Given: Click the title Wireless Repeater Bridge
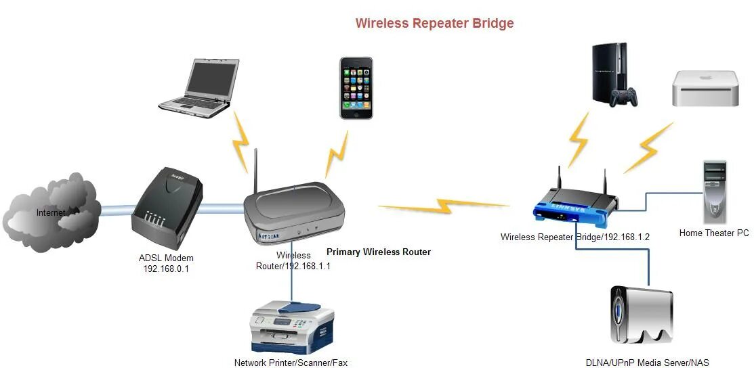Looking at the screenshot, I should point(434,24).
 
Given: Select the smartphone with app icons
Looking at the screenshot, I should point(356,88).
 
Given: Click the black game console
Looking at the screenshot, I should point(611,74).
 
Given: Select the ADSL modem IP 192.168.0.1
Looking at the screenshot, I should point(166,268).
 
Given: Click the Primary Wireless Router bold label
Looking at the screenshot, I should point(379,252).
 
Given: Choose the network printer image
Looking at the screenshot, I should point(293,328).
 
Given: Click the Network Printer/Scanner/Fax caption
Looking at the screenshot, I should point(291,363).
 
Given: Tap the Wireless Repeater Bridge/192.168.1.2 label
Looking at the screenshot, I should point(575,237).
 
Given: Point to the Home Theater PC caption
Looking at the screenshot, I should point(714,233).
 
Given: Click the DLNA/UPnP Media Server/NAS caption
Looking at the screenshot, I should point(647,363).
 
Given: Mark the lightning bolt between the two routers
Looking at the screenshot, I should point(444,204).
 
